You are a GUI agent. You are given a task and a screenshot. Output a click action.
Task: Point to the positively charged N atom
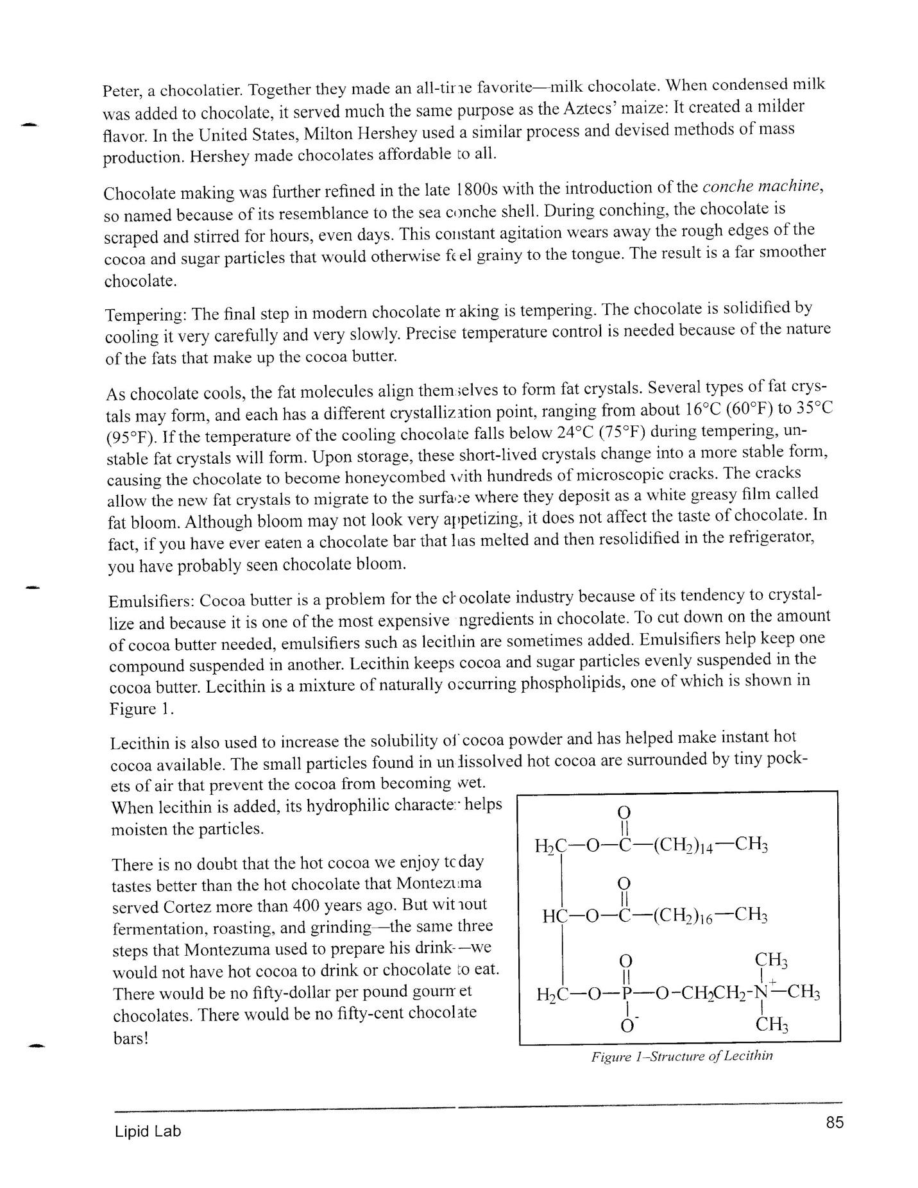tap(761, 993)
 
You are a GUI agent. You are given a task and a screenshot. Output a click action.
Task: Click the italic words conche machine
tap(761, 186)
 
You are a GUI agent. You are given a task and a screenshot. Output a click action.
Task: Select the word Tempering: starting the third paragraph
tap(146, 316)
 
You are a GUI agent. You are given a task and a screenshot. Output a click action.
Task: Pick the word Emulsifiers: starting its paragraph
tap(151, 602)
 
